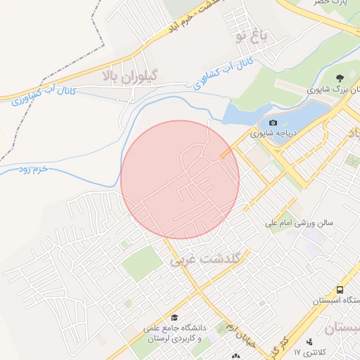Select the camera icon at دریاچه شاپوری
coord(274,123)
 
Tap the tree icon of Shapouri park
coord(340,78)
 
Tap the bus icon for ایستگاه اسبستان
coord(340,290)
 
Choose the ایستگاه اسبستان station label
coord(338,300)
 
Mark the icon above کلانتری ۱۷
coord(309,341)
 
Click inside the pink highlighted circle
coord(180,179)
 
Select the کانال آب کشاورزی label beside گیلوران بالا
coord(40,96)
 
